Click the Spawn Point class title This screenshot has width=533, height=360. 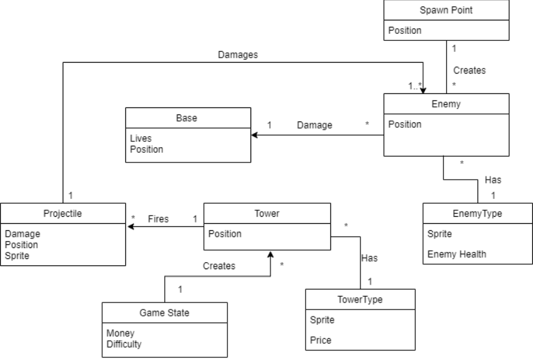coord(446,10)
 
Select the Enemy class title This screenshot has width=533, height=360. coord(446,104)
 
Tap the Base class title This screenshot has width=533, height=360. coord(187,118)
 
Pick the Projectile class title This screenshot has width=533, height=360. coord(62,214)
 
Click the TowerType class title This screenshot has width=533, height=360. coord(360,299)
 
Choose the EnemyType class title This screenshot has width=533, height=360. coord(477,214)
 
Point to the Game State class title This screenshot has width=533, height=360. coord(164,313)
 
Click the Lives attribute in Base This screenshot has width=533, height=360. coord(141,139)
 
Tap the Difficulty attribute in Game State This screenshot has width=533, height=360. coord(124,344)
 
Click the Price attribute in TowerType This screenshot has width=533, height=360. coord(321,340)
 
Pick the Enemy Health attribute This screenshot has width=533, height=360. coord(456,254)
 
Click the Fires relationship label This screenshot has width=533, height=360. coord(158,219)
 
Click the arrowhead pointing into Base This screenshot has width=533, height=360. coord(254,135)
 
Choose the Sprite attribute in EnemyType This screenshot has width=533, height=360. coord(439,234)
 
